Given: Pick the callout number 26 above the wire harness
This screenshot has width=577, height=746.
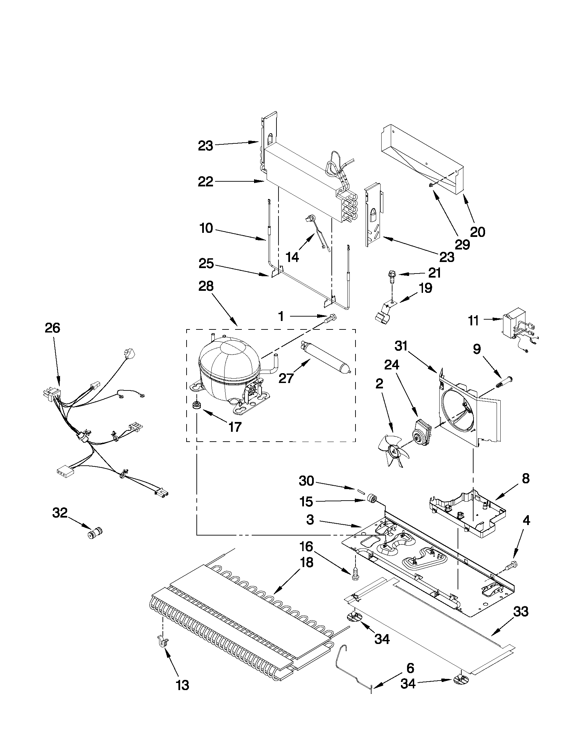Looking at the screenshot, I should tap(52, 328).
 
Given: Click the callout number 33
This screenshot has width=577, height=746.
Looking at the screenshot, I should tap(521, 611).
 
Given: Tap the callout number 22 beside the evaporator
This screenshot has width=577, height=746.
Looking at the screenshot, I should tap(206, 181).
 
